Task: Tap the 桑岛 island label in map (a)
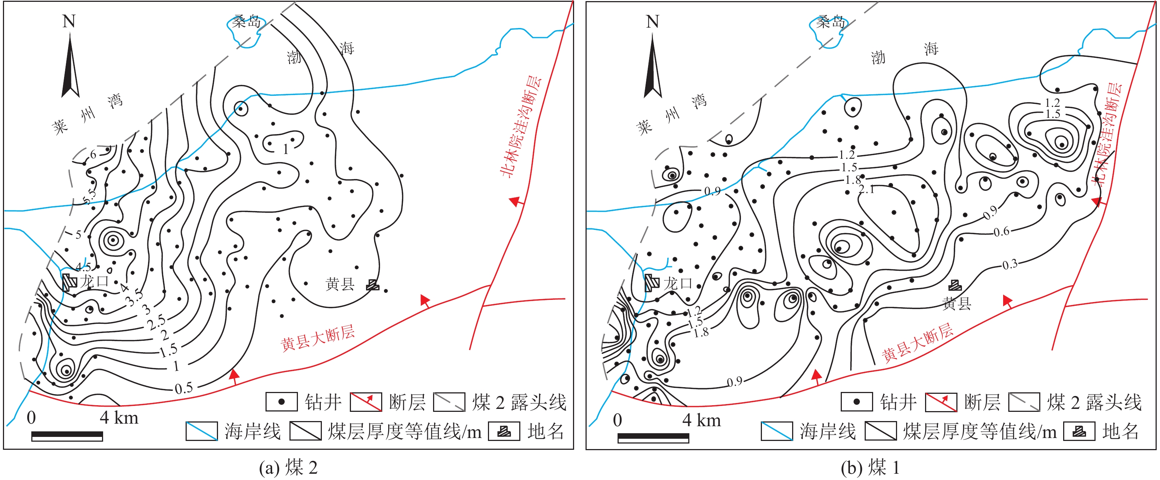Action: (247, 21)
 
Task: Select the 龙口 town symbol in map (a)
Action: (69, 282)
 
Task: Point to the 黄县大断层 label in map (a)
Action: (318, 338)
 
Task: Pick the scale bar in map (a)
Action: (67, 436)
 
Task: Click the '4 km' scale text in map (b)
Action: (702, 420)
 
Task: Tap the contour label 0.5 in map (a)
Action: (184, 388)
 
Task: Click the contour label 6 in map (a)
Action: (93, 154)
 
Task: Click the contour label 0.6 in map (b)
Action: (1002, 232)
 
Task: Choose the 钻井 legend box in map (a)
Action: (281, 402)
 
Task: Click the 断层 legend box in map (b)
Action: (941, 402)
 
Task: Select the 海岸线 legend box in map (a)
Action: (202, 431)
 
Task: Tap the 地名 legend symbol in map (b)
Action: (1079, 431)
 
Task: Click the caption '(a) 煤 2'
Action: (288, 468)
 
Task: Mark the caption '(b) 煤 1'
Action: (870, 468)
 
